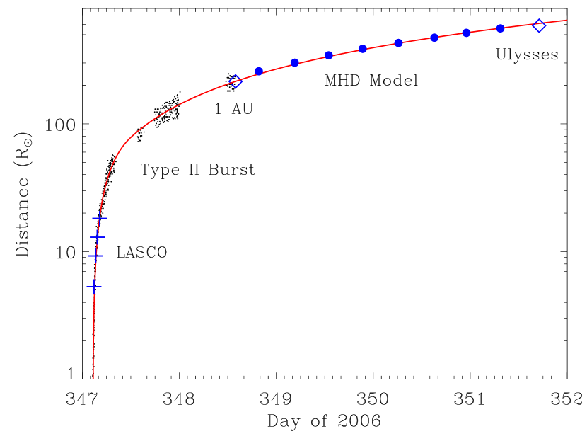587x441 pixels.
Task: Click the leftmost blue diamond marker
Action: [236, 81]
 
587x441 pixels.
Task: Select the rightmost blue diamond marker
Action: [539, 25]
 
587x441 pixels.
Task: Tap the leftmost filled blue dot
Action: [259, 71]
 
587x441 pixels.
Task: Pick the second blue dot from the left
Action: [295, 63]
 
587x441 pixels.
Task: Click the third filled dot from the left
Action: [329, 55]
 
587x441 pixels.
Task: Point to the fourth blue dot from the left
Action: [363, 49]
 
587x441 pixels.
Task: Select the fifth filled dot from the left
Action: [399, 43]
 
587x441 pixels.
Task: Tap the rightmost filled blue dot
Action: [501, 28]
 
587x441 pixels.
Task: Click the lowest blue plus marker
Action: [94, 286]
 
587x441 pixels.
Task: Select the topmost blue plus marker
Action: [100, 219]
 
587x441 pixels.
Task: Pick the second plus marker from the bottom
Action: [95, 256]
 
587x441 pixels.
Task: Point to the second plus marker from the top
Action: [98, 236]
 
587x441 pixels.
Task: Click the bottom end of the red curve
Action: [93, 378]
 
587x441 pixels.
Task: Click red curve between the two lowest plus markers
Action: [95, 271]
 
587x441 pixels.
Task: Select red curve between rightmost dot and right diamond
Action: [520, 26]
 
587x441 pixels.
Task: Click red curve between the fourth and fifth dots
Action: [380, 46]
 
